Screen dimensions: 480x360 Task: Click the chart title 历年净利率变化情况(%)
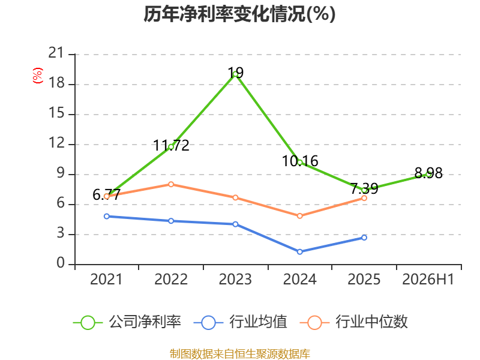[x=239, y=14]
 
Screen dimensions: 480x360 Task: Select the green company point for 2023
[x=235, y=74]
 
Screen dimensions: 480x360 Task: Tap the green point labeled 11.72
[x=171, y=147]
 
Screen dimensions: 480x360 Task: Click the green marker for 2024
[x=299, y=163]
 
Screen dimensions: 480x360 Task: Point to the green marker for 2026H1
[x=428, y=174]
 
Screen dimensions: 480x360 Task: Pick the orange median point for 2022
[x=171, y=184]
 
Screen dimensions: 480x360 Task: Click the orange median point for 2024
[x=299, y=216]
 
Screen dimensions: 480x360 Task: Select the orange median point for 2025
[x=364, y=199]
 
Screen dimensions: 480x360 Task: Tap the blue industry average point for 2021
[x=107, y=217]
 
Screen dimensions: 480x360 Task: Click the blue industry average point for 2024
[x=299, y=252]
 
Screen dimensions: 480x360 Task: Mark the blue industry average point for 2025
[x=364, y=238]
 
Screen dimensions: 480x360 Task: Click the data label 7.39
[x=364, y=188]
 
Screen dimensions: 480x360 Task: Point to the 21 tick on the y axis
[x=56, y=53]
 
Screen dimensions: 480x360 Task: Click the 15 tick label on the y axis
[x=56, y=113]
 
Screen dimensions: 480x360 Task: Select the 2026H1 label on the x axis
[x=428, y=279]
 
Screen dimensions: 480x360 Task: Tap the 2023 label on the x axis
[x=235, y=279]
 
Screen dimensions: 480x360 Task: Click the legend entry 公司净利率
[x=127, y=322]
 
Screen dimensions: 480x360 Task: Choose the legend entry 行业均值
[x=241, y=322]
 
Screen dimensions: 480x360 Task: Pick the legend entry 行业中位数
[x=353, y=322]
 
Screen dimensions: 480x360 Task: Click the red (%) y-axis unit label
[x=38, y=76]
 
